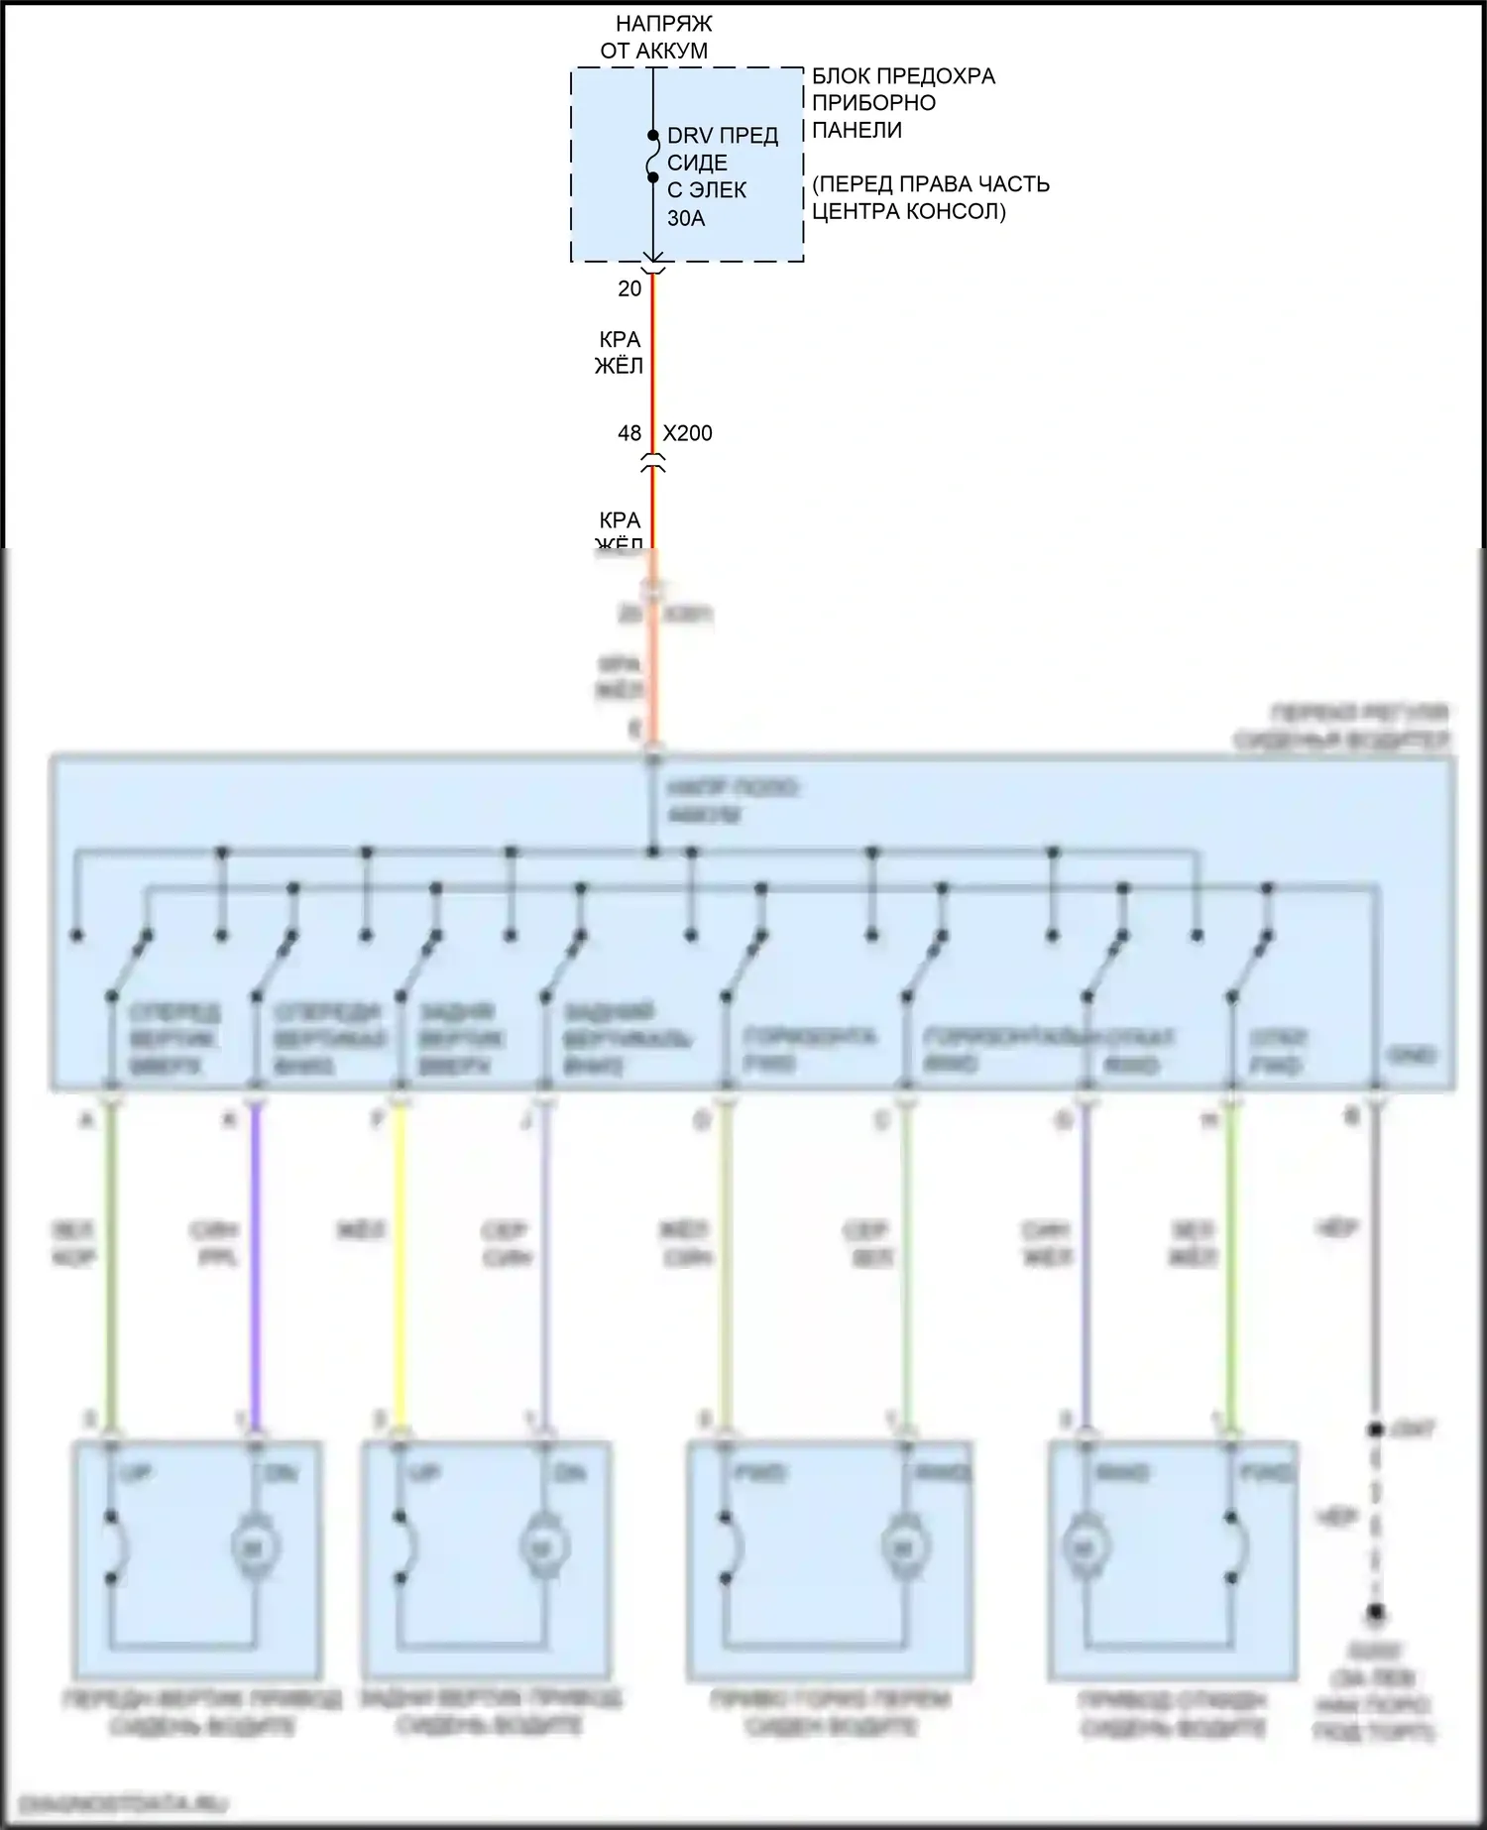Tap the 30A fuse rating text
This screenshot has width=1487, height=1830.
(x=686, y=218)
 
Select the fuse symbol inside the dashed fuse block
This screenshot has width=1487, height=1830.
(x=652, y=157)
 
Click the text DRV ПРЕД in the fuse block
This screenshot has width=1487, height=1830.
(x=722, y=136)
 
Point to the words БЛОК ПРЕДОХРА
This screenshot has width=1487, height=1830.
(x=903, y=76)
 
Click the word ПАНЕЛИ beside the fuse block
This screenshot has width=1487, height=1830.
(x=857, y=130)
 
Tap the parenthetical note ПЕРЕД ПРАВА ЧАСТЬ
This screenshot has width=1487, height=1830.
(x=930, y=184)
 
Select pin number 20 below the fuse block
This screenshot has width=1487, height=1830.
(x=629, y=288)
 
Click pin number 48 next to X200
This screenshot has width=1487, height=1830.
(x=629, y=433)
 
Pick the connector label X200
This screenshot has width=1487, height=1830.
(x=687, y=433)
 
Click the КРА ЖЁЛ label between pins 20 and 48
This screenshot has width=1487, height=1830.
(x=620, y=353)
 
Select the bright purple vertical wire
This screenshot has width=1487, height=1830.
(x=256, y=1269)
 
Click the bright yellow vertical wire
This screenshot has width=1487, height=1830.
(x=400, y=1269)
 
